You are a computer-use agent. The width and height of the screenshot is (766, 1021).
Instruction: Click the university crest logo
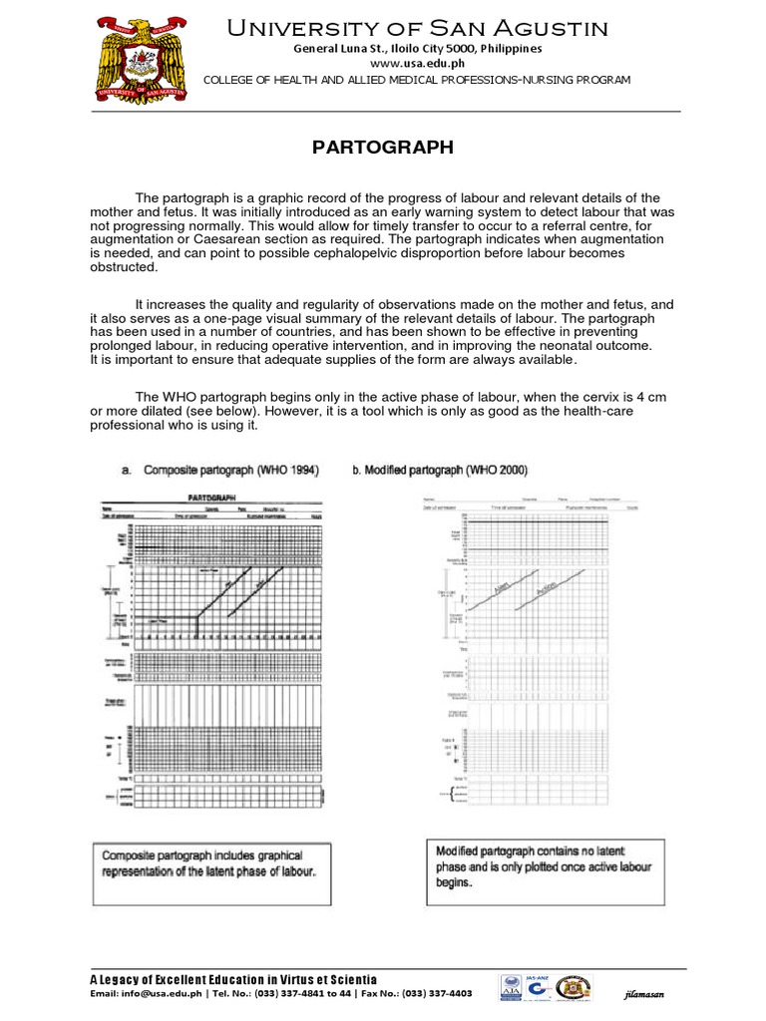(x=140, y=57)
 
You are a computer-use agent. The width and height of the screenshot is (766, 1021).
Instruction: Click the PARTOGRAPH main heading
(x=383, y=148)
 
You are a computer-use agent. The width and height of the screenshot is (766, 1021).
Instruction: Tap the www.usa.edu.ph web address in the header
(x=417, y=63)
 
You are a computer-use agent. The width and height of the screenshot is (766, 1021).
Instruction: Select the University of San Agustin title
(x=417, y=28)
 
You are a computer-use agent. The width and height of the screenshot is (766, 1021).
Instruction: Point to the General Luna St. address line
(x=417, y=47)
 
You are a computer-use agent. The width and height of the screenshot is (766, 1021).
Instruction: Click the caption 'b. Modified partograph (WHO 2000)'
(x=440, y=470)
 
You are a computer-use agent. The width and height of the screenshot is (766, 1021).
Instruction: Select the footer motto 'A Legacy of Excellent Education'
(x=233, y=980)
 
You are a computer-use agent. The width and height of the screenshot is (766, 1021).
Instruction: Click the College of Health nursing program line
(x=417, y=80)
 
